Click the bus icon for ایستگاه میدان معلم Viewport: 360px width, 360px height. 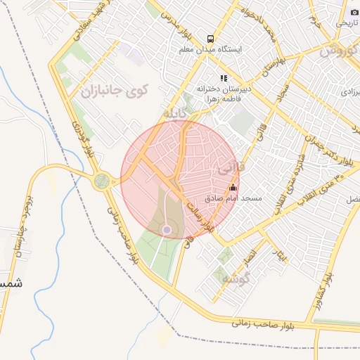(210, 38)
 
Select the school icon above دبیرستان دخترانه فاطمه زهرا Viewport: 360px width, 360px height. (224, 79)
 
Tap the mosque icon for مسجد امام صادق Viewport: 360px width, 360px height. (233, 187)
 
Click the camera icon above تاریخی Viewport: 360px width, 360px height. (354, 11)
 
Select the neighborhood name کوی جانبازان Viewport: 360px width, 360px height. (114, 91)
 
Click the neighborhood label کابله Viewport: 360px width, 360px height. (176, 113)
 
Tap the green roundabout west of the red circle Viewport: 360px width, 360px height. (102, 181)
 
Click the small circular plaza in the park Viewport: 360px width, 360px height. (167, 229)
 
